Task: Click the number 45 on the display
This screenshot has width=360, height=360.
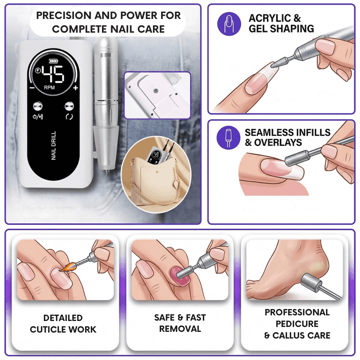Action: (x=53, y=74)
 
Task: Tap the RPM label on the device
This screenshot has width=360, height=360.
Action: (x=50, y=88)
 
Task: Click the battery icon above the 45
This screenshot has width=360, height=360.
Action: (x=52, y=61)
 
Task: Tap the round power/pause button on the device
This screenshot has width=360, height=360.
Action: (x=37, y=107)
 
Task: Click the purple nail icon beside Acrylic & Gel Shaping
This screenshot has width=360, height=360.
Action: (x=229, y=24)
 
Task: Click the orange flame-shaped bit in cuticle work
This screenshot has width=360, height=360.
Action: (x=66, y=268)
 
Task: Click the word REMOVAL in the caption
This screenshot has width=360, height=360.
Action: (x=180, y=329)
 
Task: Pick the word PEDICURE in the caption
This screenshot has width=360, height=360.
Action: (x=297, y=324)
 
